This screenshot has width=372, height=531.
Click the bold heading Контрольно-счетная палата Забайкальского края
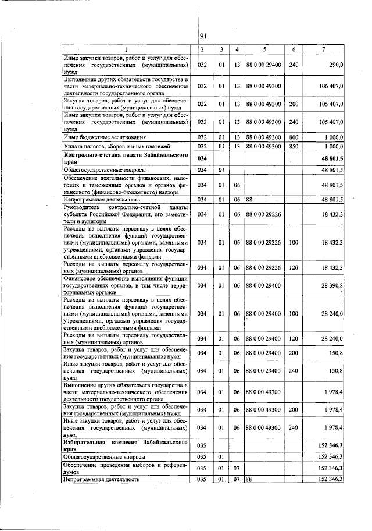(x=125, y=158)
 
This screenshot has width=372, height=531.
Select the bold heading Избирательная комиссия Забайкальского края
(x=125, y=444)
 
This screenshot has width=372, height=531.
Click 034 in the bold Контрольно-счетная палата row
(x=202, y=158)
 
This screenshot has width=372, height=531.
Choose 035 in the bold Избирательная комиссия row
(x=202, y=444)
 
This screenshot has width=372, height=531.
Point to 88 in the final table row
(x=248, y=479)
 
